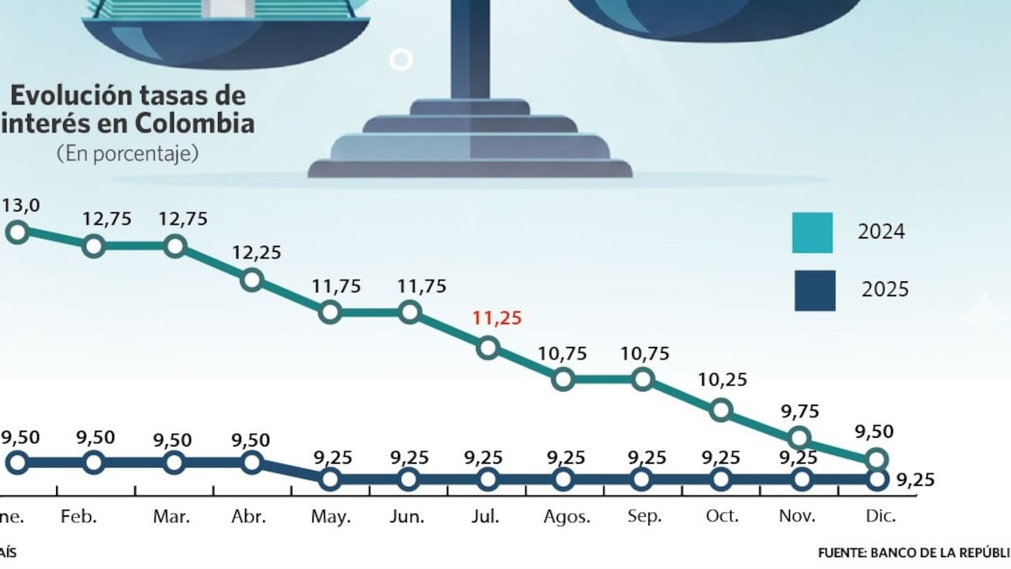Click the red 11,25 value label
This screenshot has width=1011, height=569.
pos(498,318)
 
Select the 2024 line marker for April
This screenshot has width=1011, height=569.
pos(252,279)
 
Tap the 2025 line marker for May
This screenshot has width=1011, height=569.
pos(331,478)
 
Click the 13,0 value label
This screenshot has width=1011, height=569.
pos(21,205)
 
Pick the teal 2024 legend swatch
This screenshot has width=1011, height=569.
pos(813,232)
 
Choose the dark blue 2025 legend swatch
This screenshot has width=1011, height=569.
pos(814,290)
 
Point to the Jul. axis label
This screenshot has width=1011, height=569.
pos(485,517)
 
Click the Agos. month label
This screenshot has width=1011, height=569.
pos(567,517)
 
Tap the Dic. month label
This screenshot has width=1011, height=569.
pos(880,517)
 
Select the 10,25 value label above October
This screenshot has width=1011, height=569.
pos(723,379)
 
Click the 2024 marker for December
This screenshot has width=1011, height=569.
pos(877,459)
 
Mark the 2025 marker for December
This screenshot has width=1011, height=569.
pos(877,478)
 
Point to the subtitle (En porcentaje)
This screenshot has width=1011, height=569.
pos(127,154)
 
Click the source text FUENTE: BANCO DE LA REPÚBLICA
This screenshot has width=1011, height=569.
pos(913,552)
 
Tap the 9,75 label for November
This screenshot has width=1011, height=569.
pos(800,411)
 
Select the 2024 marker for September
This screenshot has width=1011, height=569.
pos(643,379)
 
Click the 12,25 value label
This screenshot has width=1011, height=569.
pos(256,253)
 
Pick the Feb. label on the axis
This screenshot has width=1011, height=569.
pos(78,517)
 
